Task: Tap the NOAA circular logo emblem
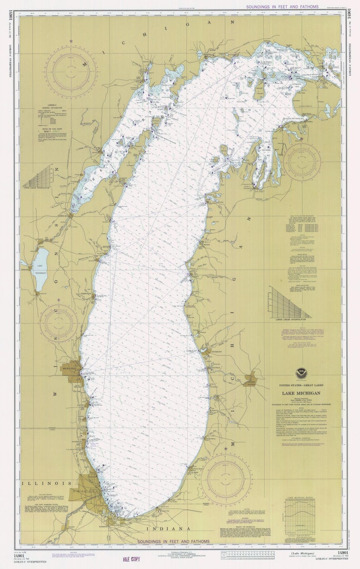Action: [301, 374]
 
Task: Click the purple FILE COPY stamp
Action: [132, 559]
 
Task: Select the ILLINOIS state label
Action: [46, 483]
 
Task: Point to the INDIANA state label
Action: [168, 529]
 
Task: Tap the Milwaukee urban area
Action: [73, 371]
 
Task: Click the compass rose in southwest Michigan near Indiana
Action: [226, 479]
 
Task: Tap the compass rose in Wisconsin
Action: [58, 323]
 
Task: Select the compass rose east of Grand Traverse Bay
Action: [302, 162]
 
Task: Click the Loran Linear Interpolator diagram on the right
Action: [290, 304]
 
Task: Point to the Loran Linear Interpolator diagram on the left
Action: [39, 178]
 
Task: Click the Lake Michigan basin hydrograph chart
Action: [305, 519]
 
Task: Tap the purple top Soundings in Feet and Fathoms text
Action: [282, 7]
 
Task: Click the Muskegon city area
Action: [206, 351]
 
